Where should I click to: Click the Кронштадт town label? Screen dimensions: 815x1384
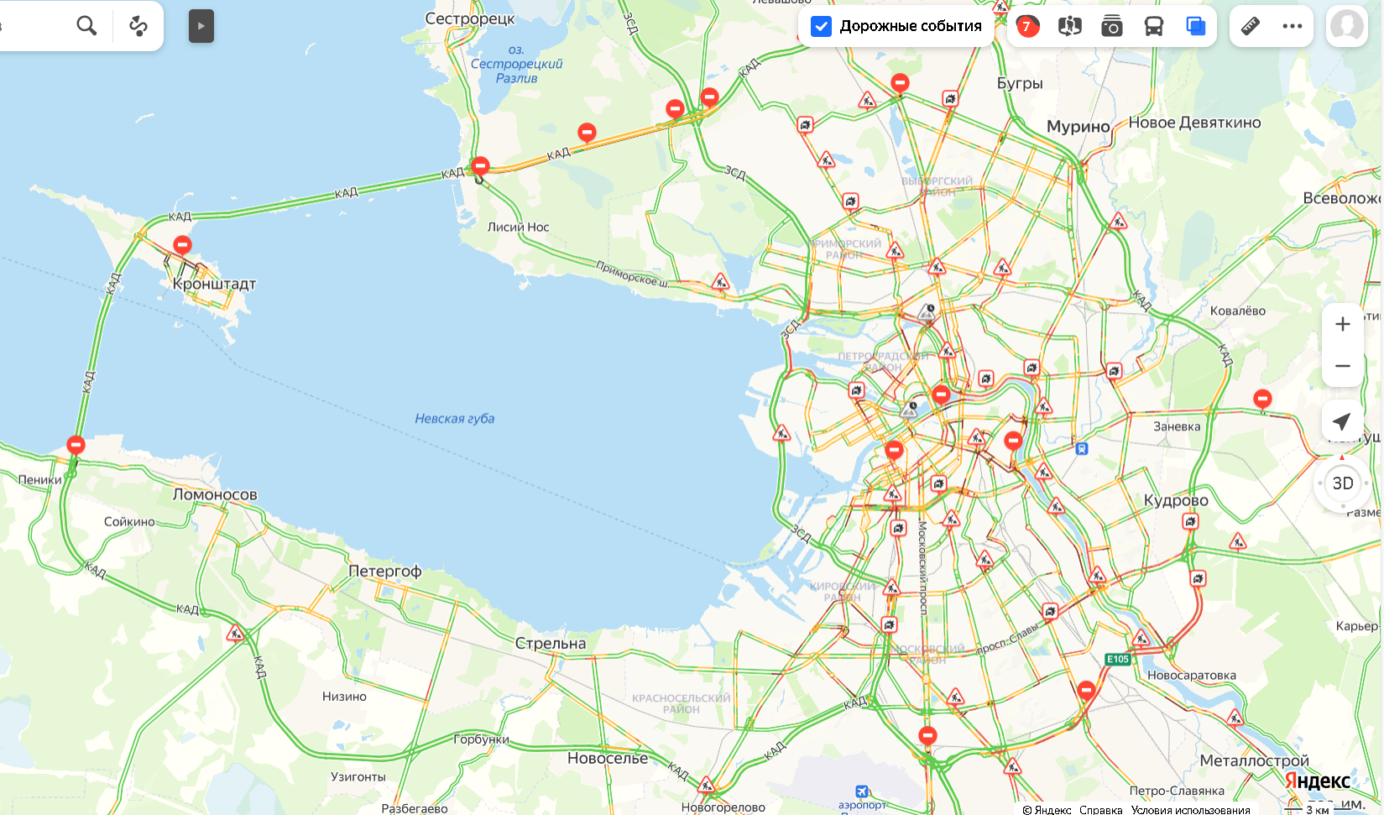click(214, 284)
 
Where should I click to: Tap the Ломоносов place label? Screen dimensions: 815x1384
click(215, 494)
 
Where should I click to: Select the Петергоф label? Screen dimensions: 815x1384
click(384, 571)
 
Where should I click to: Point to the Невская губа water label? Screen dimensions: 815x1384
click(454, 418)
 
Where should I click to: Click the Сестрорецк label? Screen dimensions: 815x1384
click(469, 18)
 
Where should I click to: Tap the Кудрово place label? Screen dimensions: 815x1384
click(1176, 500)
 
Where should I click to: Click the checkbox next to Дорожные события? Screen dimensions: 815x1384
click(821, 26)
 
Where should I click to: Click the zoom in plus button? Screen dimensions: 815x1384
click(1342, 324)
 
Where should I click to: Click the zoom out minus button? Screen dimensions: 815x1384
click(1342, 366)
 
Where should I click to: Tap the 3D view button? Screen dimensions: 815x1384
click(1342, 483)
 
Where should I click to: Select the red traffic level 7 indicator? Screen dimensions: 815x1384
click(1026, 26)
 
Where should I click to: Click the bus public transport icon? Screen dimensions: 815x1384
click(1153, 26)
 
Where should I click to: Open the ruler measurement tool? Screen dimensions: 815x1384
click(1250, 26)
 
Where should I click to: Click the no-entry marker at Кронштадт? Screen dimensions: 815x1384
click(182, 244)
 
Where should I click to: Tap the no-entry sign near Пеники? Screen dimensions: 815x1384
click(76, 444)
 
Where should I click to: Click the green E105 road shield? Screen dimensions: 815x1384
click(1118, 659)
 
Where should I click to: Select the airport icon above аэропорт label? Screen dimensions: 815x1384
click(861, 791)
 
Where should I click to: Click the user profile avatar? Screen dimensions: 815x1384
click(1346, 26)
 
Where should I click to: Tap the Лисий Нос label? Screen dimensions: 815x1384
click(518, 227)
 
